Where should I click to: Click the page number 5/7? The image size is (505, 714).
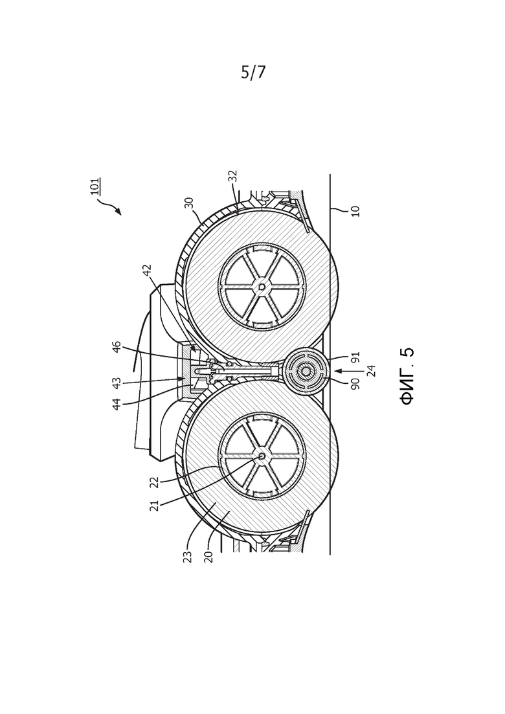click(x=252, y=72)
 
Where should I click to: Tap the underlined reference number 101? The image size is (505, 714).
click(x=95, y=186)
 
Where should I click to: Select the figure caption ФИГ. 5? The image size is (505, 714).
click(x=407, y=376)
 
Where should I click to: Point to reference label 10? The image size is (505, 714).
click(x=356, y=211)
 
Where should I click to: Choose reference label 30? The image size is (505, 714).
click(x=190, y=203)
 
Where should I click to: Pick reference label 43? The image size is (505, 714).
click(x=117, y=383)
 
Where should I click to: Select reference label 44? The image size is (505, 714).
click(x=117, y=405)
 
